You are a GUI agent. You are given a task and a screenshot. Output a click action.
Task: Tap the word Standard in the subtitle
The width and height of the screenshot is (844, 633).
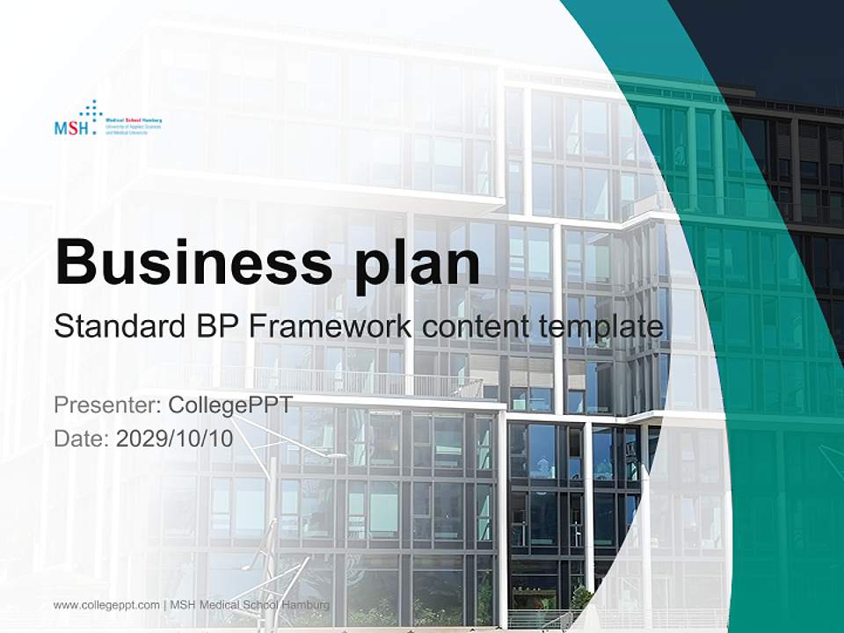click(x=115, y=327)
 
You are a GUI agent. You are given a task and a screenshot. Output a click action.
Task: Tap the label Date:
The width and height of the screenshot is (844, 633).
click(x=82, y=437)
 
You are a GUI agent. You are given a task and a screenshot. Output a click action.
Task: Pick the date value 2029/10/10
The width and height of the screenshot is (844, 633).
click(x=175, y=437)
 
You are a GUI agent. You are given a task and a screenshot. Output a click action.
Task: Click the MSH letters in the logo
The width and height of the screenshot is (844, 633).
click(x=70, y=128)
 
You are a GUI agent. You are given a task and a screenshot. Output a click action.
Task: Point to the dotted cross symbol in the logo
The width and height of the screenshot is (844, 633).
click(x=91, y=111)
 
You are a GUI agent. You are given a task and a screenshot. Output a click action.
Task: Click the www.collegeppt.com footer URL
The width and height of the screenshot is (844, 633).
click(x=106, y=605)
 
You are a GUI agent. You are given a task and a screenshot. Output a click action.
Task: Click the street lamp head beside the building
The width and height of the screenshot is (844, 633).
click(x=335, y=455)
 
